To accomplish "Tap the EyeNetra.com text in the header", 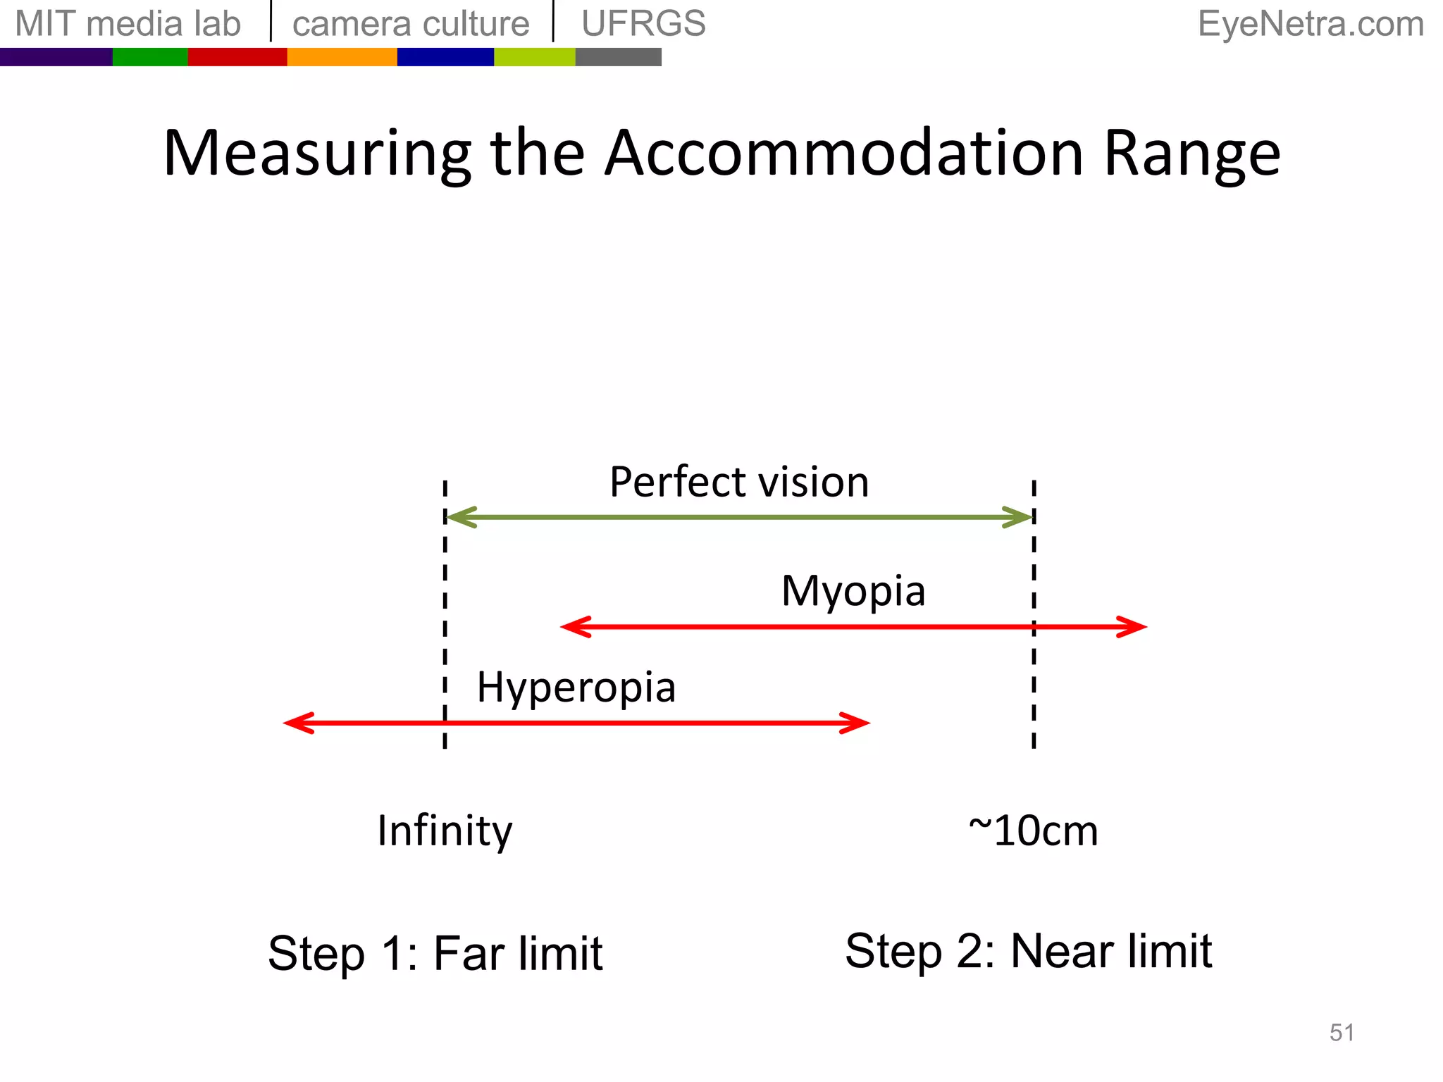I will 1311,24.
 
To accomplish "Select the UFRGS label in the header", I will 643,24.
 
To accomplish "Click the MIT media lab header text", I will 128,24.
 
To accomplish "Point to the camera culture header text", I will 411,24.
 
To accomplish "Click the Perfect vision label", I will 739,483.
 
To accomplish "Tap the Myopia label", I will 853,591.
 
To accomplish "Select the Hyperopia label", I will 576,688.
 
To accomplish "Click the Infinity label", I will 445,831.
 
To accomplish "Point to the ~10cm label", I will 1033,831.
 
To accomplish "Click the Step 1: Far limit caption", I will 435,953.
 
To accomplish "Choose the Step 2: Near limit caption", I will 1028,951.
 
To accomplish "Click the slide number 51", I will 1342,1033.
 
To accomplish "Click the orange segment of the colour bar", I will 342,57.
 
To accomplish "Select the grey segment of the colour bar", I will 618,57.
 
